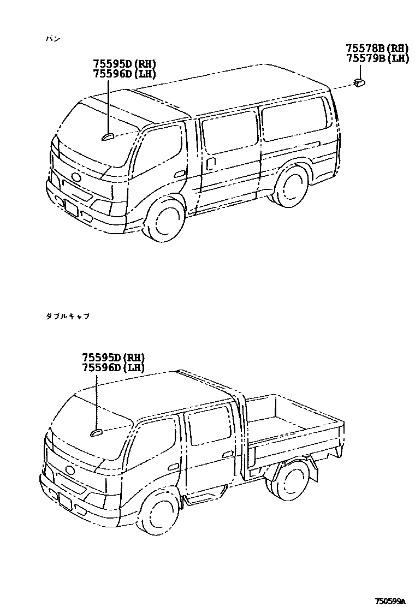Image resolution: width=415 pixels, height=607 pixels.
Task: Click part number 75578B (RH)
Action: click(377, 48)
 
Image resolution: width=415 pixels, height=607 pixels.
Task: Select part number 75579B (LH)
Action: click(377, 58)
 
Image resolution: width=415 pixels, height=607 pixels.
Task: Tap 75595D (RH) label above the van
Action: click(124, 64)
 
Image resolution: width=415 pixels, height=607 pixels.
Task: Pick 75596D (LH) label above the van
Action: click(124, 74)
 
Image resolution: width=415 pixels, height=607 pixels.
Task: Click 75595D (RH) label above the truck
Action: click(114, 358)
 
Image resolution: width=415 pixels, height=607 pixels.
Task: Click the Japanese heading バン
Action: click(54, 39)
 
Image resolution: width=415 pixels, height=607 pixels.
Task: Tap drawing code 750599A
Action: click(390, 601)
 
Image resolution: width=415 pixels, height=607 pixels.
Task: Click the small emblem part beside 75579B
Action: click(359, 82)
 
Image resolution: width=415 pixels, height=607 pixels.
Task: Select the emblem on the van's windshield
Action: click(108, 136)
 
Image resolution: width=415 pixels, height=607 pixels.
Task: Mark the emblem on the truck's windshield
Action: click(96, 432)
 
